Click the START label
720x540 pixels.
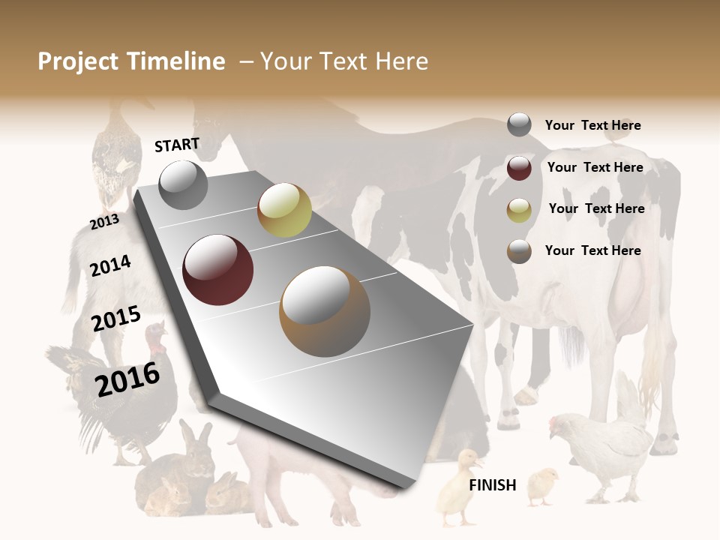coord(177,145)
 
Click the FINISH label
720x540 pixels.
coord(492,485)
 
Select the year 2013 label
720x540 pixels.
coord(104,222)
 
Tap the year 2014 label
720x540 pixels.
coord(110,265)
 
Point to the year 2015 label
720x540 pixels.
coord(116,319)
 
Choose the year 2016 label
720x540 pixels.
coord(127,379)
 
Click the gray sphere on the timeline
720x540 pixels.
coord(184,184)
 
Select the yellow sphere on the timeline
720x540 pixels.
coord(284,210)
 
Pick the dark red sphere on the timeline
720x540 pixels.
coord(218,270)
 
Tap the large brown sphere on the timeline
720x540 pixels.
coord(325,311)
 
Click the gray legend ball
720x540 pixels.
coord(519,125)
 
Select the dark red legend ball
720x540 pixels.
coord(519,168)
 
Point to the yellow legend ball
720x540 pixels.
coord(519,210)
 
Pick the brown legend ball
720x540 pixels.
coord(519,251)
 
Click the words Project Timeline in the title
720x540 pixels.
coord(131,61)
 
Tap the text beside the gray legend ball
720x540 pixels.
coord(592,126)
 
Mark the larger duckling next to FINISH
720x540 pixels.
coord(459,486)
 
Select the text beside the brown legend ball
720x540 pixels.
coord(592,250)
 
